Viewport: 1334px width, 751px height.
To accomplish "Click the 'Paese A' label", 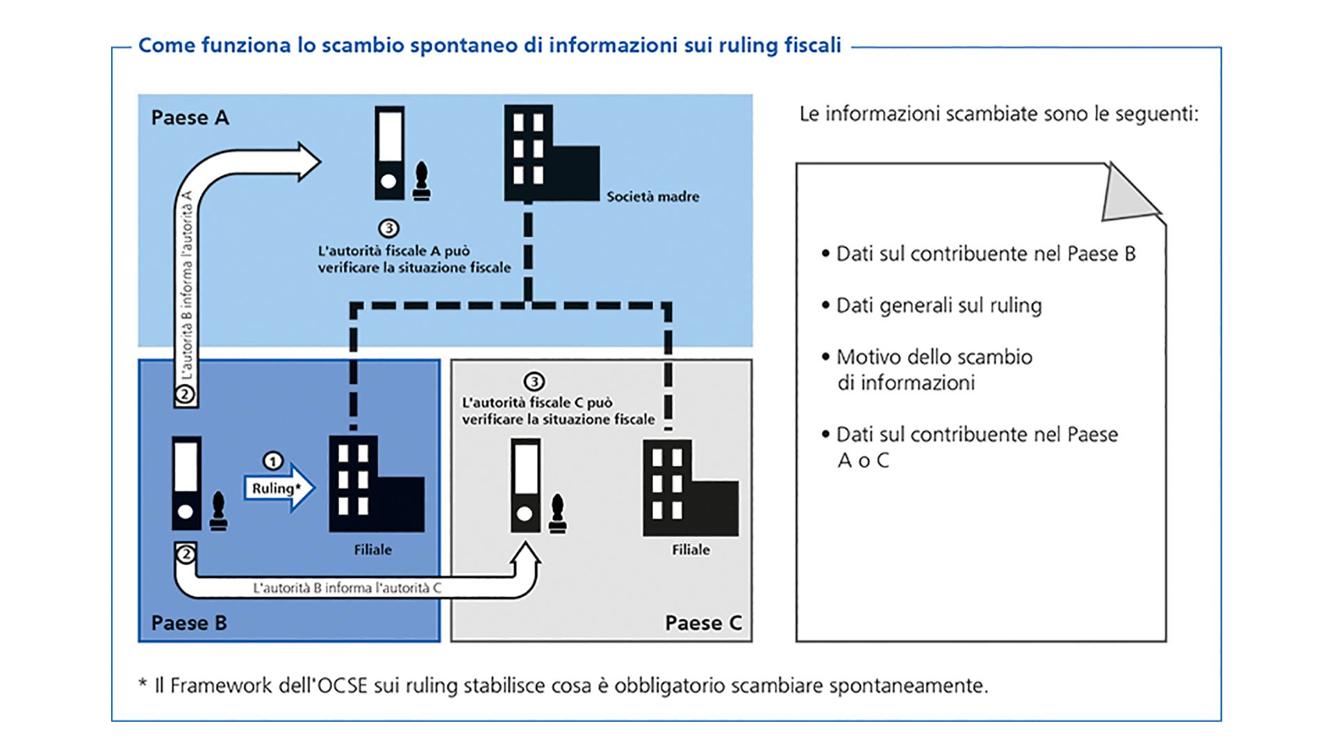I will click(x=190, y=118).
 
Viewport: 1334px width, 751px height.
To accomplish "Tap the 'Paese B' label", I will click(x=189, y=622).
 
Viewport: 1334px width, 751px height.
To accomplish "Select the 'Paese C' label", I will click(x=703, y=622).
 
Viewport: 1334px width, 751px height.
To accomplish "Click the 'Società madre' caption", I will click(x=652, y=197).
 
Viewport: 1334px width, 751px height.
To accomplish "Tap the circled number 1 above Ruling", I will click(x=273, y=461).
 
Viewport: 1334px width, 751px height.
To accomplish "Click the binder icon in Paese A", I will click(x=390, y=153).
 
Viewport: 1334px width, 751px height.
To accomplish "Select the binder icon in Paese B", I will click(x=187, y=483).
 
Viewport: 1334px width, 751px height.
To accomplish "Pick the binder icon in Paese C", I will click(x=526, y=485).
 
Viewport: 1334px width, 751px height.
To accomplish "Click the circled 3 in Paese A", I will click(x=388, y=228).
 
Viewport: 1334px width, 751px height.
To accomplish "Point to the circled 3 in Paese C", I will click(x=534, y=381).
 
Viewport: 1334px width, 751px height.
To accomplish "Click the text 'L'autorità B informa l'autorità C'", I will click(x=347, y=588).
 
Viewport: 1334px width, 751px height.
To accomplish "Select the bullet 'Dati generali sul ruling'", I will click(x=939, y=305).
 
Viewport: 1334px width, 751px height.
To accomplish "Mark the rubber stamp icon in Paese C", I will click(x=557, y=515).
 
